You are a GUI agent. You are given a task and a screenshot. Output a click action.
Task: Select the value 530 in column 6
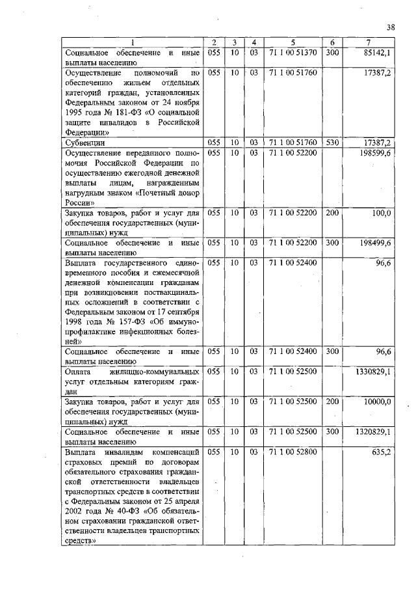pyautogui.click(x=331, y=141)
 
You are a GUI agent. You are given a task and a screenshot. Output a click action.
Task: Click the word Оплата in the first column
pyautogui.click(x=80, y=372)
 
